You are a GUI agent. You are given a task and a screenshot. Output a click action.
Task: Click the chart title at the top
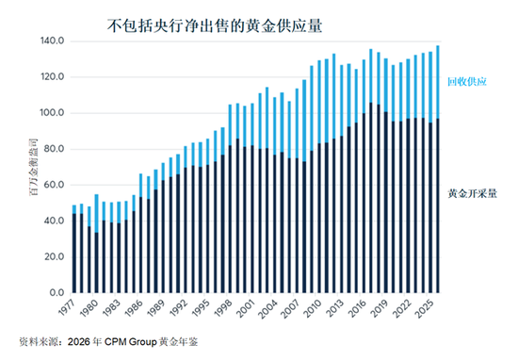[215, 26]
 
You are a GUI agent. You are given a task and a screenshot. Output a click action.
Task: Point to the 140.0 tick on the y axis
[52, 41]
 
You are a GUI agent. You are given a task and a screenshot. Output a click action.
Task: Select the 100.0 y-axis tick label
[52, 113]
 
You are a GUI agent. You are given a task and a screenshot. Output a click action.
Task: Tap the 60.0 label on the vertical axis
[54, 185]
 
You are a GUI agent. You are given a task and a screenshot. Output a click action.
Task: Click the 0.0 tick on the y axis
[57, 292]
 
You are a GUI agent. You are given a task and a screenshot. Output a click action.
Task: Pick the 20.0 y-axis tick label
[54, 256]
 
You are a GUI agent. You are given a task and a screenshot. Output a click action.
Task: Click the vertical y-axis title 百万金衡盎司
[34, 167]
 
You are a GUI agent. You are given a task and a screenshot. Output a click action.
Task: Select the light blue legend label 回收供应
[467, 82]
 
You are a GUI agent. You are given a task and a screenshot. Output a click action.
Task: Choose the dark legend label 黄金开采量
[472, 193]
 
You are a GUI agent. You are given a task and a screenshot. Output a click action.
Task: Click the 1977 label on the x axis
[67, 307]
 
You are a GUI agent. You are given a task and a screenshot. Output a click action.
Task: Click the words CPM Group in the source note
[130, 341]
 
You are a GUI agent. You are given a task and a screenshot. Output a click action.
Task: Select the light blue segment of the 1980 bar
[96, 214]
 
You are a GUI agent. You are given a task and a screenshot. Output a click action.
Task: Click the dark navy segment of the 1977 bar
[74, 254]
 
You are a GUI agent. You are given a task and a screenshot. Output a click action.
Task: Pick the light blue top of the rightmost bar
[438, 82]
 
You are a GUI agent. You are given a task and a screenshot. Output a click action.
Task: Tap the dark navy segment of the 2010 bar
[318, 219]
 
